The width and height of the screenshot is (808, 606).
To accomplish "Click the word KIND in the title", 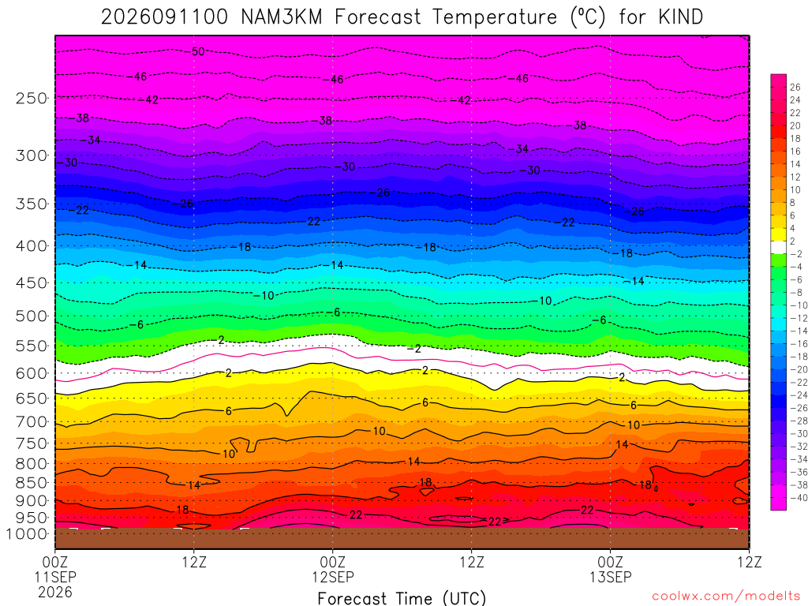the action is coord(680,17).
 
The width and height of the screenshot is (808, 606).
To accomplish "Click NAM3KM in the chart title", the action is coord(282,17).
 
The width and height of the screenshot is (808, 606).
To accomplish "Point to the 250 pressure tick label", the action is coord(32,98).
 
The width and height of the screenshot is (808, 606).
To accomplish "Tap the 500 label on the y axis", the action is coord(32,316).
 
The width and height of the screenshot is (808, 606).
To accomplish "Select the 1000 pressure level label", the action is coord(28,534).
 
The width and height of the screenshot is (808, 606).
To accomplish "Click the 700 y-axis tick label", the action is coord(32,422).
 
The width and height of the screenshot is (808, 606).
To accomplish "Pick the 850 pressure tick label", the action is coord(32,483).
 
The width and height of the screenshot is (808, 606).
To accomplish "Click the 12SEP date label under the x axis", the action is coord(333,577).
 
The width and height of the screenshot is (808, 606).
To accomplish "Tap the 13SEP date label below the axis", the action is coord(611,577).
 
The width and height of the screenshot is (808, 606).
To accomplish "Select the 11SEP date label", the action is coord(55,577).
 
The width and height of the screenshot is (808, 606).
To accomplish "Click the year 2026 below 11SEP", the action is coord(55,593).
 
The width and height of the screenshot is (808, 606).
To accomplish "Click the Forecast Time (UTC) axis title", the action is coord(402,598).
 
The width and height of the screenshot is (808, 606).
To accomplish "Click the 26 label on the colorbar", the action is coord(795,87).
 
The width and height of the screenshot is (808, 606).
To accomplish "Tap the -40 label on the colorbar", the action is coord(799,498).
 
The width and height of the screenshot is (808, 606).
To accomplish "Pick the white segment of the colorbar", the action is coord(779,247).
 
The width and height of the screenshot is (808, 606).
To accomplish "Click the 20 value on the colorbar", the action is coord(795,125).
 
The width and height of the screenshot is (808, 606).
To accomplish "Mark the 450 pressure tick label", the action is coord(32,283).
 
